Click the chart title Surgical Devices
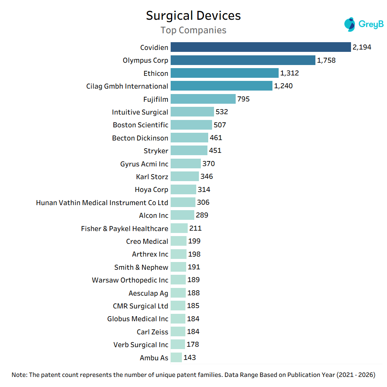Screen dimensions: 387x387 193,16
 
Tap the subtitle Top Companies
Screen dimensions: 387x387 193,30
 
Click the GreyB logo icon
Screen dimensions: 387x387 349,24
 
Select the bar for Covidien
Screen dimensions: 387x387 260,47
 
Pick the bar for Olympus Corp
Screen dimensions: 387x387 243,60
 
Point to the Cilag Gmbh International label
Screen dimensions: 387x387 127,86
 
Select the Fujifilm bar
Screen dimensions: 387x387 203,99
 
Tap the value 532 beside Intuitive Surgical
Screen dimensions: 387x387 222,112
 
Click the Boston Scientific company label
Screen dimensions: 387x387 140,125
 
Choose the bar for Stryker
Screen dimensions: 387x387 189,151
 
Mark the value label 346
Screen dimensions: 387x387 207,176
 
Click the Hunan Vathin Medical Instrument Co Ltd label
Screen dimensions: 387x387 102,202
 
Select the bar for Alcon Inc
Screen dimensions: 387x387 182,215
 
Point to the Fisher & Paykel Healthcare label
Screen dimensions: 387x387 125,228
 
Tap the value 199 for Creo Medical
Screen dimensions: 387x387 194,241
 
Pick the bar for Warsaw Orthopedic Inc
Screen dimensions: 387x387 178,280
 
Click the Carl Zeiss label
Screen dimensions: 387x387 152,332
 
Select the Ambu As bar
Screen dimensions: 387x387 176,358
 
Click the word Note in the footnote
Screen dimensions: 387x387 19,375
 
